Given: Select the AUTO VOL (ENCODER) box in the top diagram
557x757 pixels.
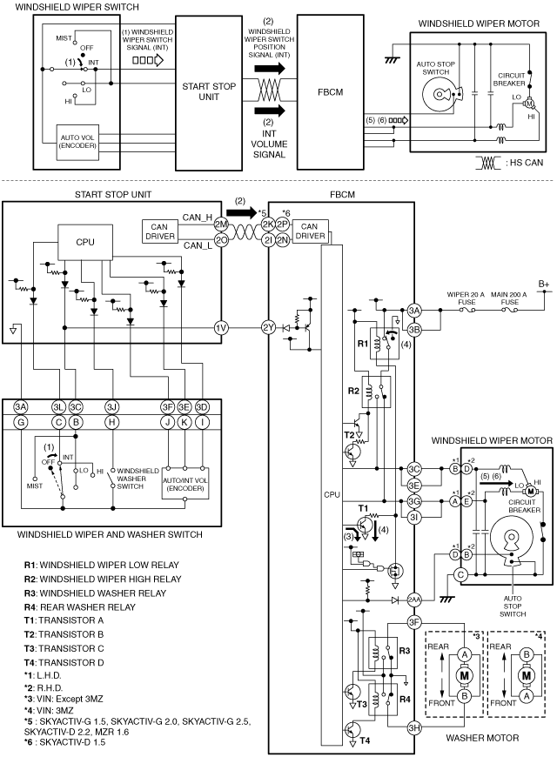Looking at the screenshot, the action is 77,142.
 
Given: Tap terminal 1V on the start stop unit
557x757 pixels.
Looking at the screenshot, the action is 221,328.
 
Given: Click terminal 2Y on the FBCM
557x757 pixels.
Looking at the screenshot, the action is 268,328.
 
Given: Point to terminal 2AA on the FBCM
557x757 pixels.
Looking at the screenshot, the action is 414,600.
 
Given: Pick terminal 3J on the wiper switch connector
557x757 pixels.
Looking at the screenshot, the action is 111,407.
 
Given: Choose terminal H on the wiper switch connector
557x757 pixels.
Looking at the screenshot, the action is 111,422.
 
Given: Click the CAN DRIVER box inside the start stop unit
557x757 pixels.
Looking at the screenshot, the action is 159,231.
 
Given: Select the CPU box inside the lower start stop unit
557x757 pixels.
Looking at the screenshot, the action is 85,243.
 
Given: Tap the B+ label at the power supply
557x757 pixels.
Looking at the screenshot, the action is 544,284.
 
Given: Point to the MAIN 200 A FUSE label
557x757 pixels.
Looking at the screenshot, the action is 508,298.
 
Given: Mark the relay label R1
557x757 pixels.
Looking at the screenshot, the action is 362,344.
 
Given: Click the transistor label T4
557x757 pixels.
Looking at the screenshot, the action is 365,740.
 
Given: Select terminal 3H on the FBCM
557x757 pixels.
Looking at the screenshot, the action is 414,728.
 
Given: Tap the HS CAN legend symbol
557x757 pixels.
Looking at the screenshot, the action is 488,164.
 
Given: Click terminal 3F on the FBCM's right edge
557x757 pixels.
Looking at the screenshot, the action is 414,622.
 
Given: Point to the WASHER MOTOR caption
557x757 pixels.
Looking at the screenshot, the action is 482,738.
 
